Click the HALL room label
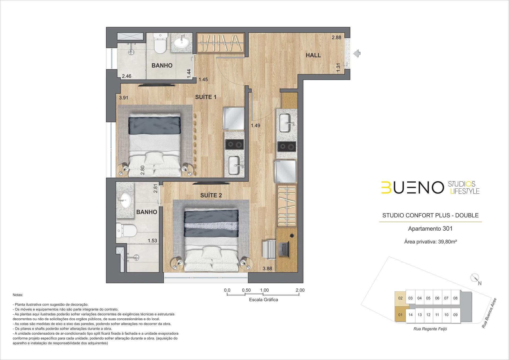313,55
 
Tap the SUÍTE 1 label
206,97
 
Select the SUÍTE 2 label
211,195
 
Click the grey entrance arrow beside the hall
357,54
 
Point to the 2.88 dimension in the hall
336,37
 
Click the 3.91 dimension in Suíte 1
124,98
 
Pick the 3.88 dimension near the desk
267,269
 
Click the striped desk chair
269,250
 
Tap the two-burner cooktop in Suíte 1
234,145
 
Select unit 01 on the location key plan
400,315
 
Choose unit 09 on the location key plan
455,315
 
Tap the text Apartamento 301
430,229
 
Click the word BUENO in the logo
413,188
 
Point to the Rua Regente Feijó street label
430,329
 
